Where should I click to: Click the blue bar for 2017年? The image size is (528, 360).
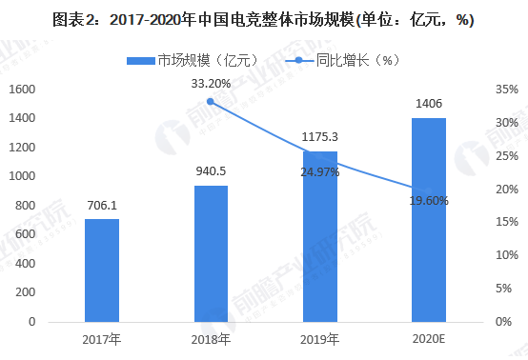(x=102, y=270)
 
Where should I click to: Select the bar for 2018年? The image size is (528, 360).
(x=211, y=253)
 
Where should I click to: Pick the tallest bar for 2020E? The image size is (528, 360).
(x=428, y=219)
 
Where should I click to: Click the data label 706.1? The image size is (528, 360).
(x=102, y=205)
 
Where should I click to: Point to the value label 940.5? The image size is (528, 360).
(x=211, y=171)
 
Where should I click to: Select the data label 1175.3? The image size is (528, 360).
(x=319, y=136)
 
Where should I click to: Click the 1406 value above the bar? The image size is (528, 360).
(x=428, y=104)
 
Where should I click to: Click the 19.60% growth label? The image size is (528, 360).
(x=429, y=200)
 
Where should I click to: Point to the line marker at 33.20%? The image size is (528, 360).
(x=211, y=101)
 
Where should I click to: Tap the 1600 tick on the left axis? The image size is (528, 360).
(x=22, y=90)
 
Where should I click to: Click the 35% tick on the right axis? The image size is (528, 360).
(x=506, y=90)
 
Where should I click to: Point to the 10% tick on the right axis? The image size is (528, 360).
(x=506, y=255)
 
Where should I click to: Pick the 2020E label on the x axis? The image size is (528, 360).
(x=428, y=340)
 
